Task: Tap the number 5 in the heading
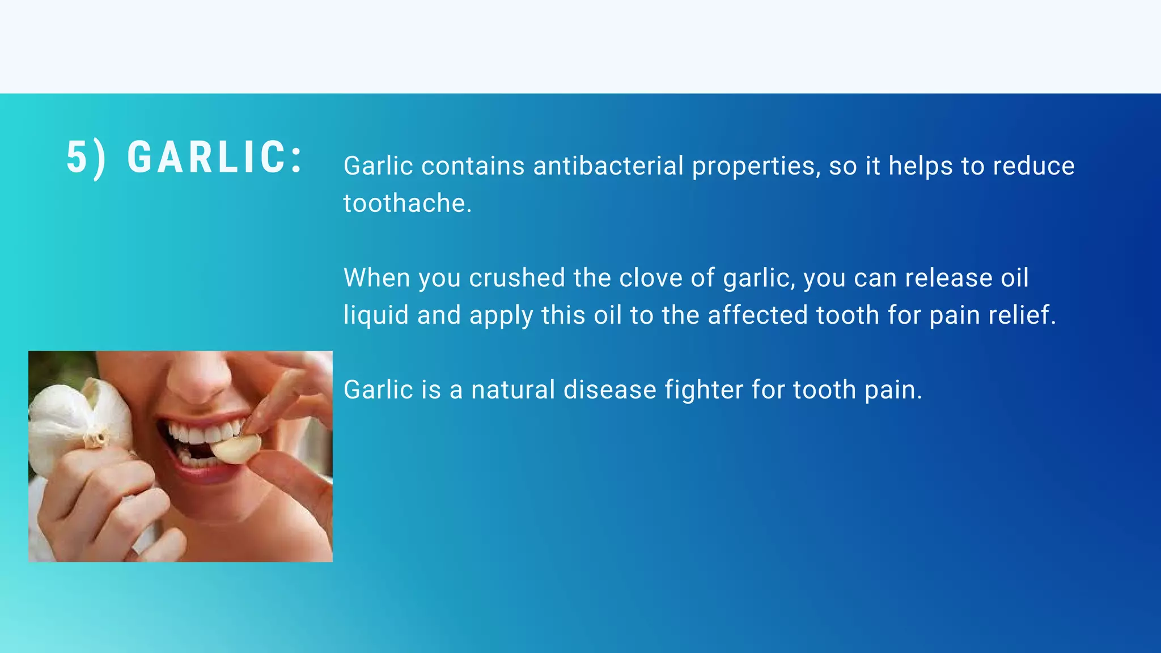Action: pos(78,157)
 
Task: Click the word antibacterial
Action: pos(608,166)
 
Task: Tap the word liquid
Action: pos(376,315)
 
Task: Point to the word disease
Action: pos(609,390)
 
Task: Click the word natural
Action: pos(513,390)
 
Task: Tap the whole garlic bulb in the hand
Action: pos(74,419)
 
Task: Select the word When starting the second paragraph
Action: pos(376,278)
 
